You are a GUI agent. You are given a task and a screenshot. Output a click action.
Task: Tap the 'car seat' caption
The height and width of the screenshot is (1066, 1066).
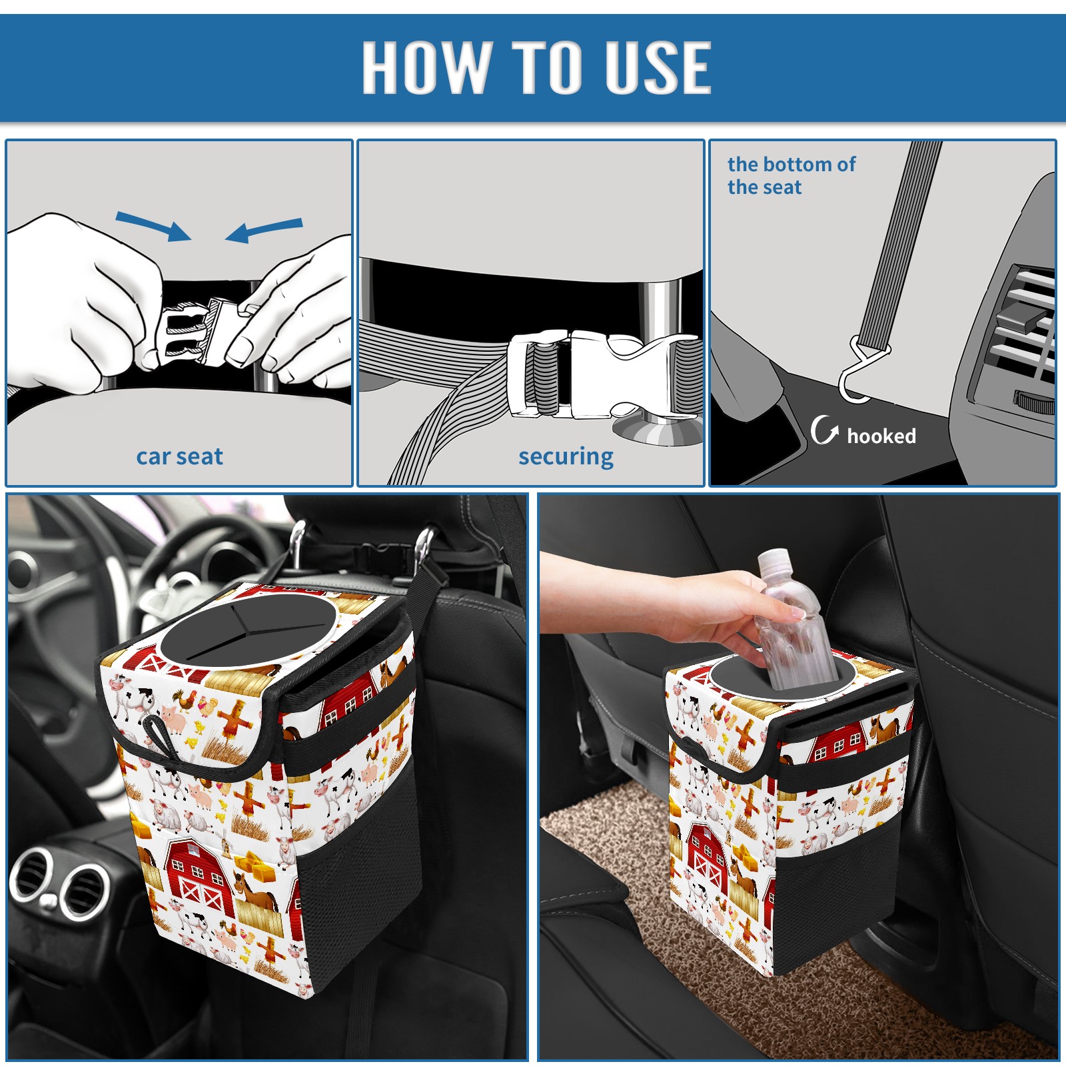(x=179, y=456)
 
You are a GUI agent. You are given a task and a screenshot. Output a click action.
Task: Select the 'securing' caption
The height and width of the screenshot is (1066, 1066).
(x=566, y=457)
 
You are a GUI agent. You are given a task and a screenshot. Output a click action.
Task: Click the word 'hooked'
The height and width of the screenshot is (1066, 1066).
(x=881, y=436)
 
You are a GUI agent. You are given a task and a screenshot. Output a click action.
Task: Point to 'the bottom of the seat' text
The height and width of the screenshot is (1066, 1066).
(x=791, y=175)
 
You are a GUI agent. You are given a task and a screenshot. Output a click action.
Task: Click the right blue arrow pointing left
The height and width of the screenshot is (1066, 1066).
(x=264, y=230)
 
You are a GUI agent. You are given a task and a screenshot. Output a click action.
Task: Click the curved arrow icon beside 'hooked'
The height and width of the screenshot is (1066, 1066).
(x=823, y=430)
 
